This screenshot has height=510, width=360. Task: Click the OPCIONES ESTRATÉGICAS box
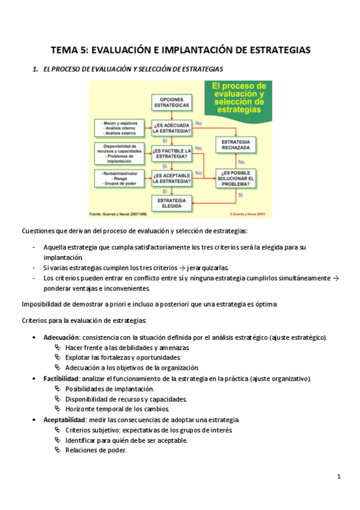point(172,102)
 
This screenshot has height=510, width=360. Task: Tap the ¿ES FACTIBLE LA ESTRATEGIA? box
point(172,153)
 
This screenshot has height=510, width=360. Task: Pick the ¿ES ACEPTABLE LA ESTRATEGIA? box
point(172,177)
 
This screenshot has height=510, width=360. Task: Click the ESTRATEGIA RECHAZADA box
point(239,144)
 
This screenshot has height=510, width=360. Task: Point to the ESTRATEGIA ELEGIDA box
point(172,203)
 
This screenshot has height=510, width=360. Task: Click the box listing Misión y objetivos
point(120,127)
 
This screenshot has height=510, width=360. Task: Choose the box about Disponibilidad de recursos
point(120,153)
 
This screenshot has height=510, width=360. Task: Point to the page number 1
point(339,477)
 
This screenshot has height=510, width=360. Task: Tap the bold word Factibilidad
point(61,378)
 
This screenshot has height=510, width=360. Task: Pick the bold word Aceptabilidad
point(64,419)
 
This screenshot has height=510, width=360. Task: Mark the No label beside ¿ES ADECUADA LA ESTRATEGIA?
point(199,123)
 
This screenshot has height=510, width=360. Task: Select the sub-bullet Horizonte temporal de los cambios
point(113,409)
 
